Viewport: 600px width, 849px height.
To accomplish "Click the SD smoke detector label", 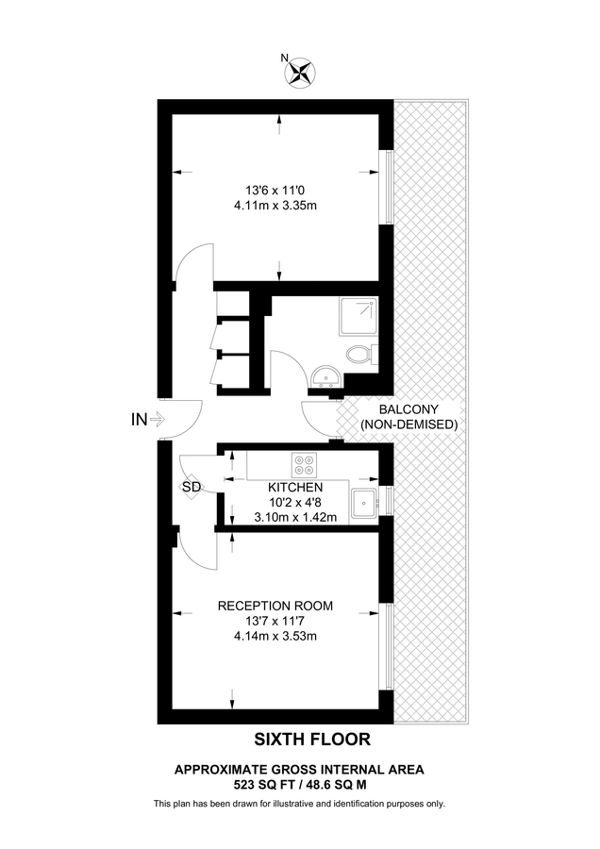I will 192,487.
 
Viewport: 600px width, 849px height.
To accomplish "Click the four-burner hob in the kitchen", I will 305,464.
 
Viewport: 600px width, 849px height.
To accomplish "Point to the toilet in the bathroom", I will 358,356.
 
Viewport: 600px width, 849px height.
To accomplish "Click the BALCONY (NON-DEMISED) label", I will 408,417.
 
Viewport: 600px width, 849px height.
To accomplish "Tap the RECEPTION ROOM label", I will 275,606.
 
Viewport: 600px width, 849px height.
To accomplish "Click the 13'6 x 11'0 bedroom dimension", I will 275,188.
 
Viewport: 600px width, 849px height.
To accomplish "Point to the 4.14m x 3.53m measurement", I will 275,637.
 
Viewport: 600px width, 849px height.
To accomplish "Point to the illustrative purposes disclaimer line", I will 299,804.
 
